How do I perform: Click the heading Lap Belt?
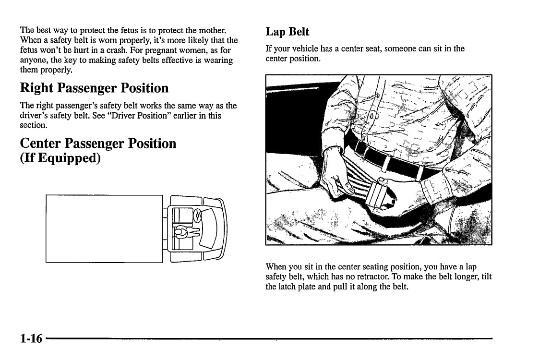click(287, 32)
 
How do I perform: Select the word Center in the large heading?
click(41, 144)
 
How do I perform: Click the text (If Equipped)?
click(60, 158)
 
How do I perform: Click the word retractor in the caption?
click(387, 276)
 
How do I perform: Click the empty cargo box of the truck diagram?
click(104, 229)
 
